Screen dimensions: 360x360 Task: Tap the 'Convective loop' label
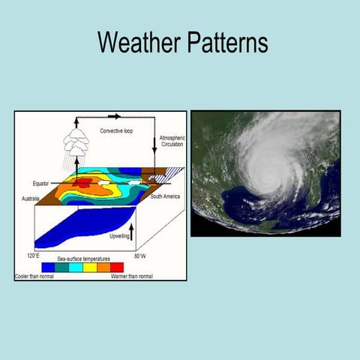pos(116,131)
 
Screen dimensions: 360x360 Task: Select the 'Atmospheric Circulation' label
pos(172,141)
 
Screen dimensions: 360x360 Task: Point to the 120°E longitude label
pos(33,256)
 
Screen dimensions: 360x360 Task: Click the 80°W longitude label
pos(140,256)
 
